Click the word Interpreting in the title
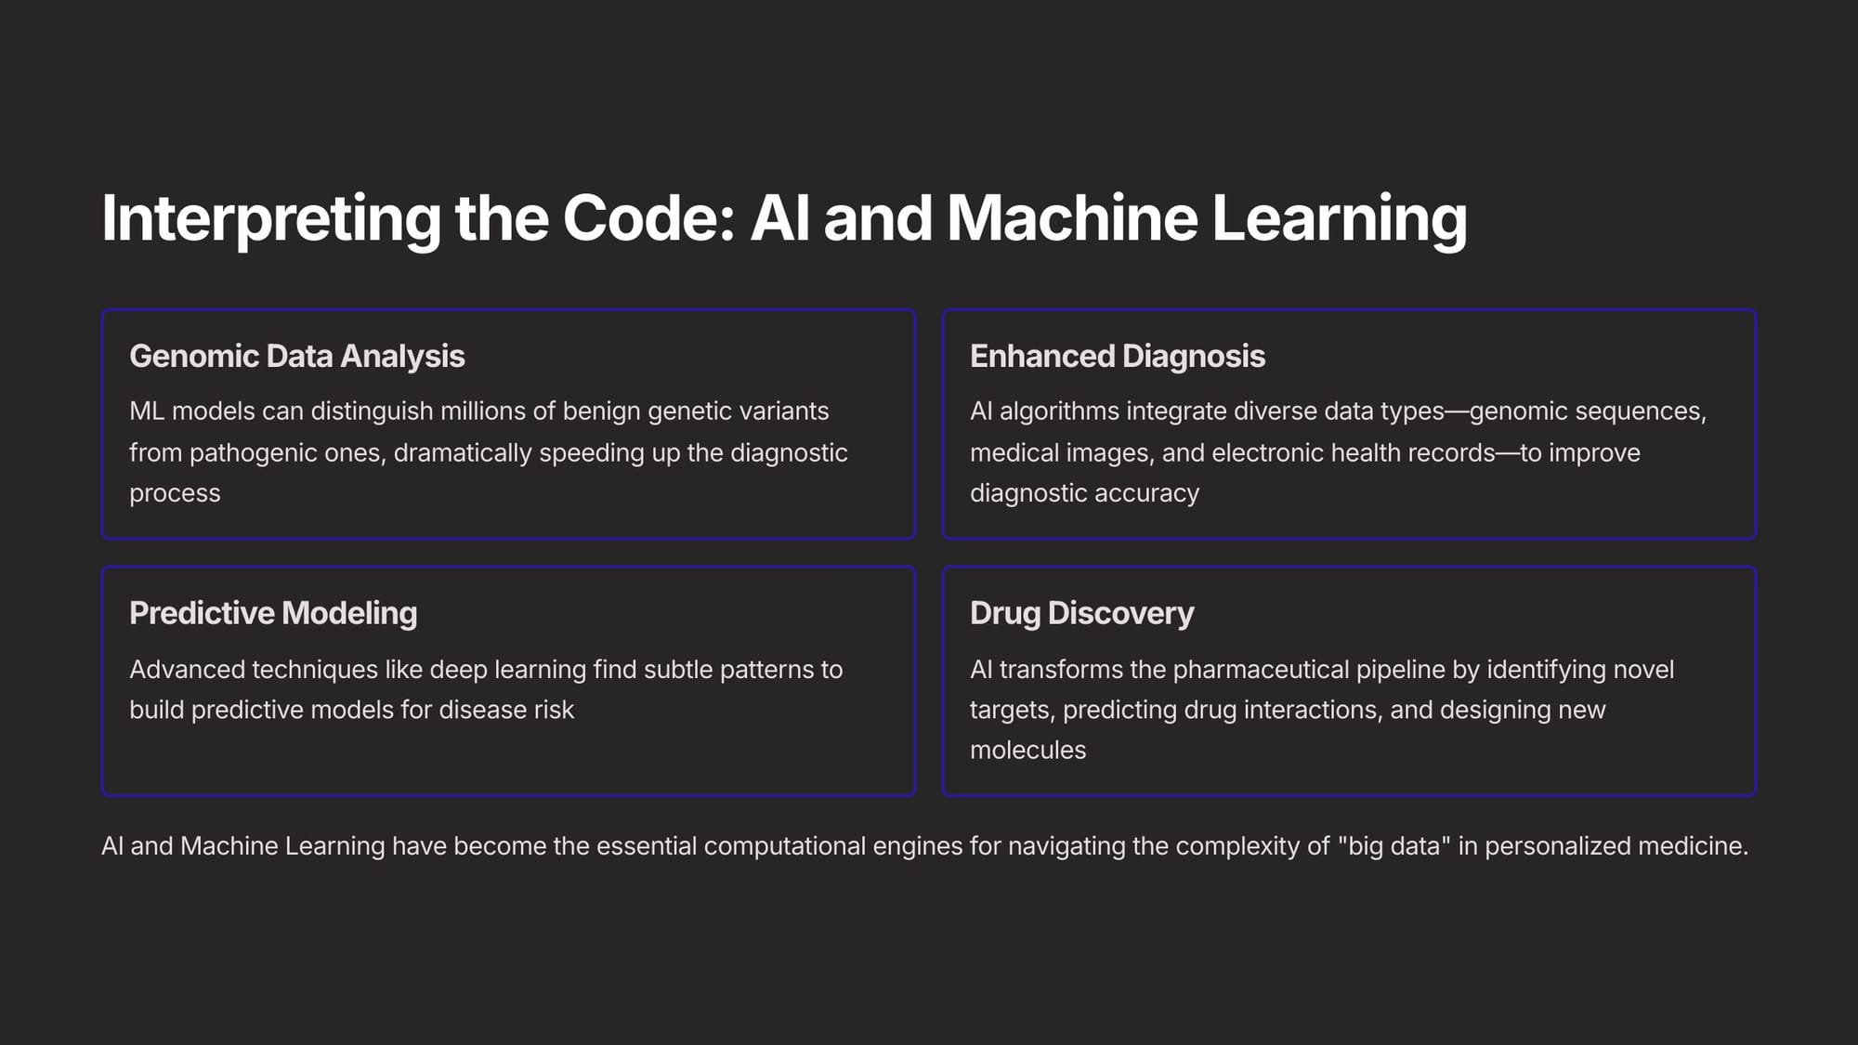[x=270, y=219]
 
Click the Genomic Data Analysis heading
[x=297, y=357]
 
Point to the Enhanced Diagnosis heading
[x=1118, y=357]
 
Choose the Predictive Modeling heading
[x=273, y=614]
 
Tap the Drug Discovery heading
[x=1082, y=614]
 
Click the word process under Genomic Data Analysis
[x=175, y=494]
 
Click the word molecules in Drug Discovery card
[x=1027, y=751]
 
